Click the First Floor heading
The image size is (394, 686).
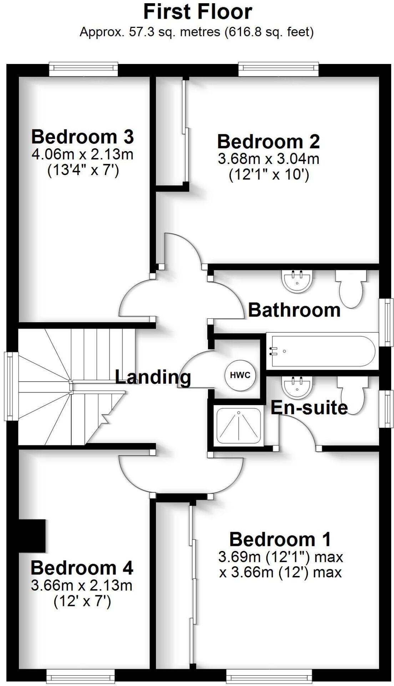(197, 12)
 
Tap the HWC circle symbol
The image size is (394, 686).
(240, 375)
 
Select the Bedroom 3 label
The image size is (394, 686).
(82, 136)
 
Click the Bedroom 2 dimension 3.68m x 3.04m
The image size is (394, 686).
(268, 159)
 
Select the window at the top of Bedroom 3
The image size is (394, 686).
(83, 69)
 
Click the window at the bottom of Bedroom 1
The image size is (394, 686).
(269, 676)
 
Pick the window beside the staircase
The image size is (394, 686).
(11, 386)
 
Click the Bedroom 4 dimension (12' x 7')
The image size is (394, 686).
(82, 602)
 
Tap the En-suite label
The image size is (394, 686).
(309, 408)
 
